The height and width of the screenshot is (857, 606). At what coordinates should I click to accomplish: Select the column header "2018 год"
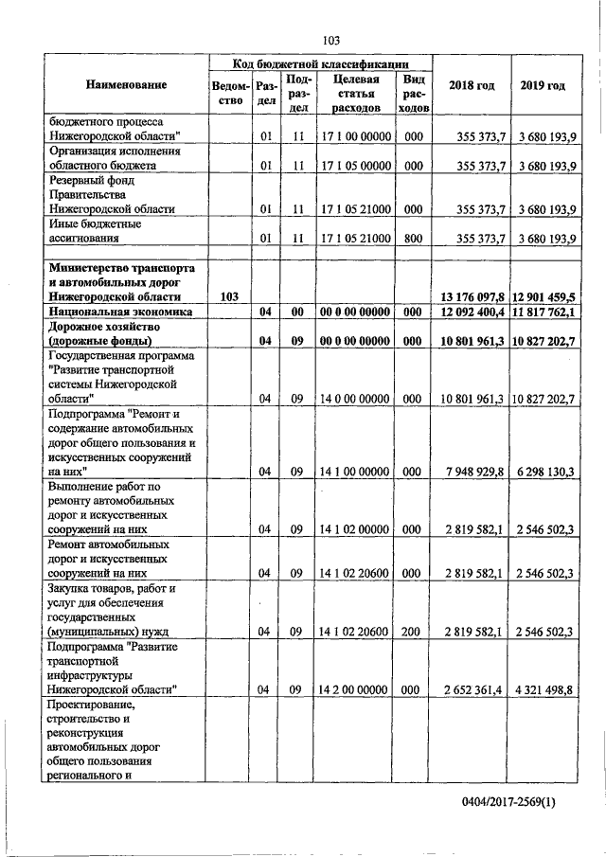472,86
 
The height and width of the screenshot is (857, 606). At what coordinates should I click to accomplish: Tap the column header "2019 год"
543,86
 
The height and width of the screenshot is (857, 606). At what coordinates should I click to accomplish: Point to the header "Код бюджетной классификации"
321,62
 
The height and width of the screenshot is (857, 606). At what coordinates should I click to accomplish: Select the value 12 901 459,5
544,297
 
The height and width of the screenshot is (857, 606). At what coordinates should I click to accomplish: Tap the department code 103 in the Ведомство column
228,297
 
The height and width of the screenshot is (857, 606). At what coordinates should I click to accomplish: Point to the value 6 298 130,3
544,471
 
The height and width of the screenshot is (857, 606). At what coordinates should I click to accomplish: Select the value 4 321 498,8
544,690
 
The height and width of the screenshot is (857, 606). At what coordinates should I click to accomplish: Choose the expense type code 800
413,240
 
